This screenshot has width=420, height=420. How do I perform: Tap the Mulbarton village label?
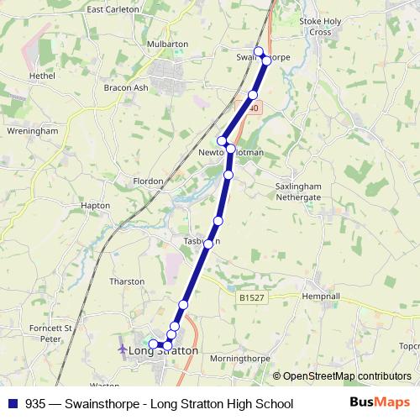point(166,45)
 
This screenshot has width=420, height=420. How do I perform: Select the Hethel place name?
point(41,76)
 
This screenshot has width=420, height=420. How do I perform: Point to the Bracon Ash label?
point(125,87)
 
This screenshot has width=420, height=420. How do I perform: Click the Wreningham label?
point(31,131)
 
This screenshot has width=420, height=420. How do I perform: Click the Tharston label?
point(128,281)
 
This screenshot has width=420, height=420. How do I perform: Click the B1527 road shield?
point(251,297)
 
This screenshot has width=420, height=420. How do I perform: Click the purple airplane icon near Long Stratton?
point(123,348)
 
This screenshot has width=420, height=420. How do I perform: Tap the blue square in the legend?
point(13,404)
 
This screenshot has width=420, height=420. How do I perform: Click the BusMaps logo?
point(379,403)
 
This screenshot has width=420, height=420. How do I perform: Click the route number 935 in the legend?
point(36,404)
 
